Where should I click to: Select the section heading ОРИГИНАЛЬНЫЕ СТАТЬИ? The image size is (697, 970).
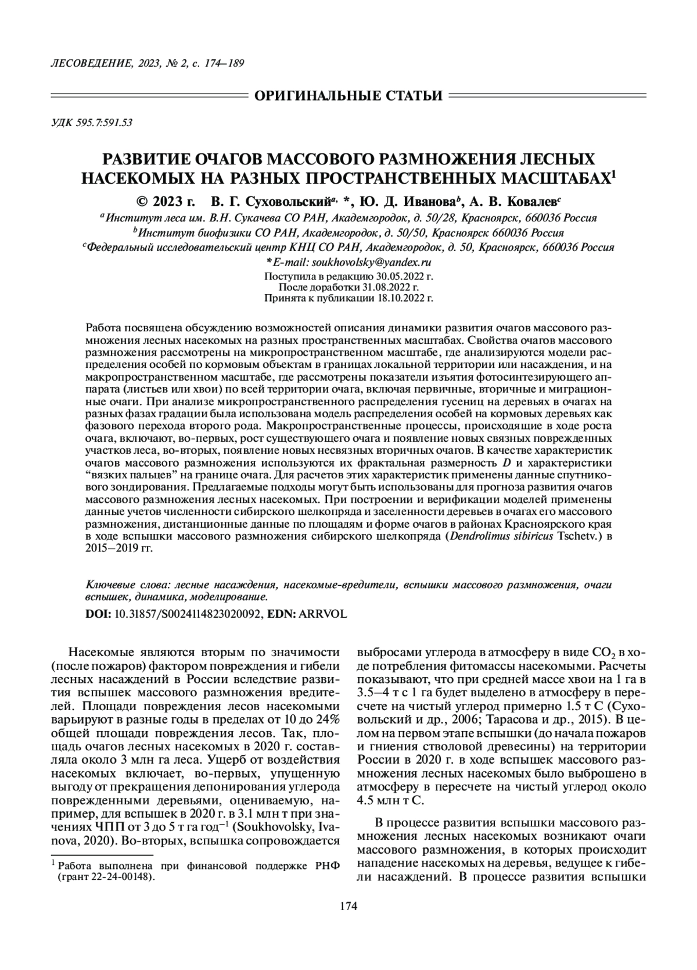pyautogui.click(x=348, y=95)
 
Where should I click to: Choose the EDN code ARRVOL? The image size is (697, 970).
pyautogui.click(x=322, y=613)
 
